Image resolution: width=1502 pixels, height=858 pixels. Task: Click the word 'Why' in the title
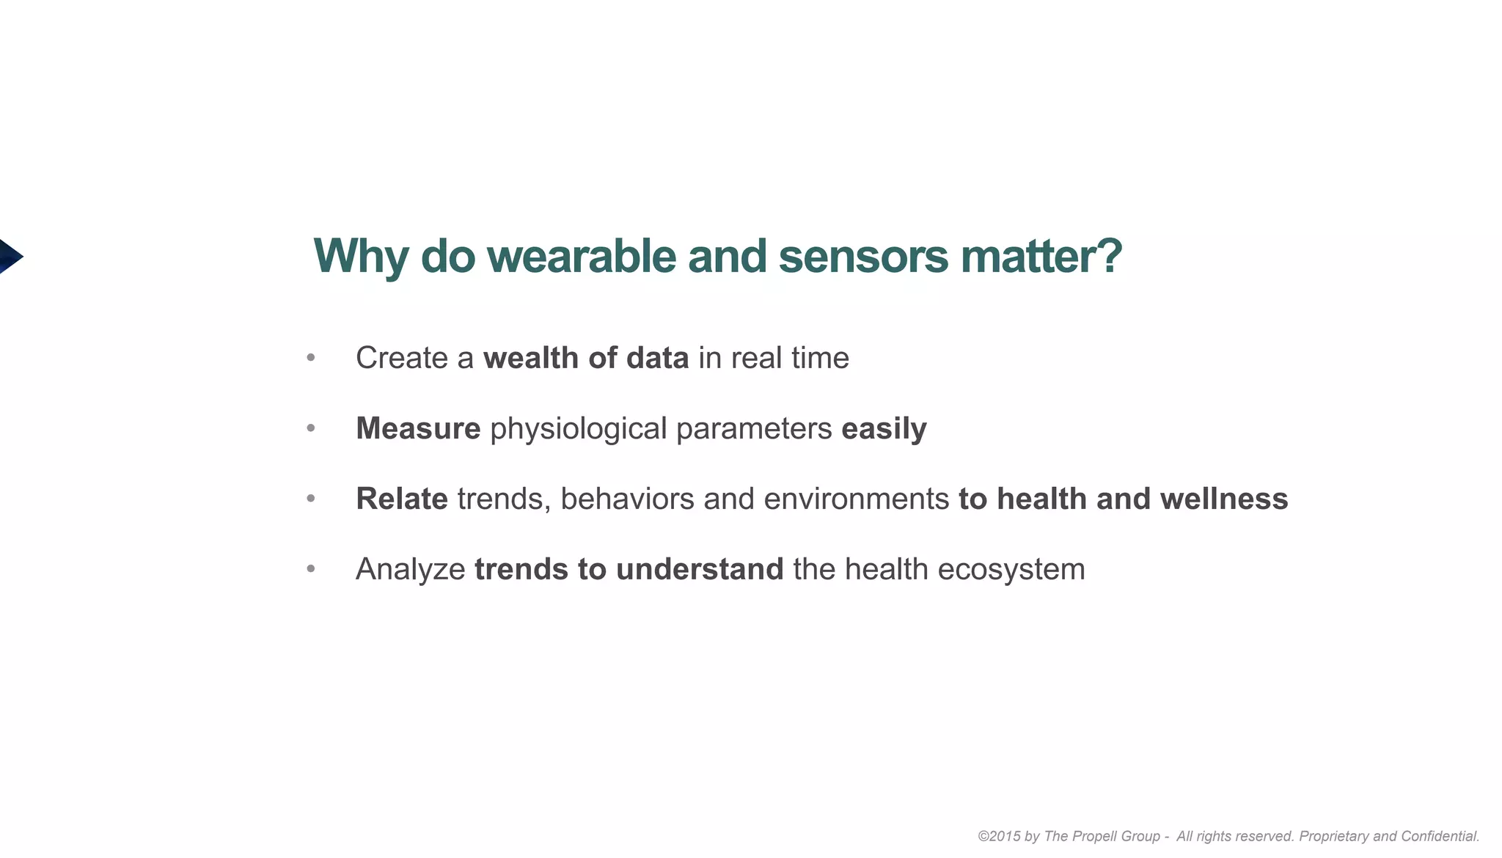[x=361, y=257]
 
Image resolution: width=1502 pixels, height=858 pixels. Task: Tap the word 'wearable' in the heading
[x=582, y=257]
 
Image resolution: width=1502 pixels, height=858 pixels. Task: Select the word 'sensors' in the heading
[x=863, y=257]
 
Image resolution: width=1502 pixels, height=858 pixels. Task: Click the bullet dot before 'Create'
[x=311, y=358]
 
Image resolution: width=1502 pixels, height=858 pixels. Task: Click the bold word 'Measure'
[x=418, y=428]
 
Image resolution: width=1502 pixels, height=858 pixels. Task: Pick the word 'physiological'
[x=578, y=428]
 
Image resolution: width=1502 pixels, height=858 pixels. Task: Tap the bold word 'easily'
[x=884, y=428]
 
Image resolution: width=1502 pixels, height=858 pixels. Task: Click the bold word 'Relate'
[x=401, y=499]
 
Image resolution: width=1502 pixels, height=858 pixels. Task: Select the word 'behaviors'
[x=627, y=499]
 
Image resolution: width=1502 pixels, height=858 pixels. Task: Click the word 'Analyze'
[x=410, y=569]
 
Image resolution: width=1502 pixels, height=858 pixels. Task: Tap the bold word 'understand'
[x=700, y=569]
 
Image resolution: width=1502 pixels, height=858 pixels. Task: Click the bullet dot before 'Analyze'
[x=311, y=569]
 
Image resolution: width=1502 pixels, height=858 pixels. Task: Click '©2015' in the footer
[x=998, y=836]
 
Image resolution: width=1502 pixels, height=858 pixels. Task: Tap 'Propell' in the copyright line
[x=1094, y=836]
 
